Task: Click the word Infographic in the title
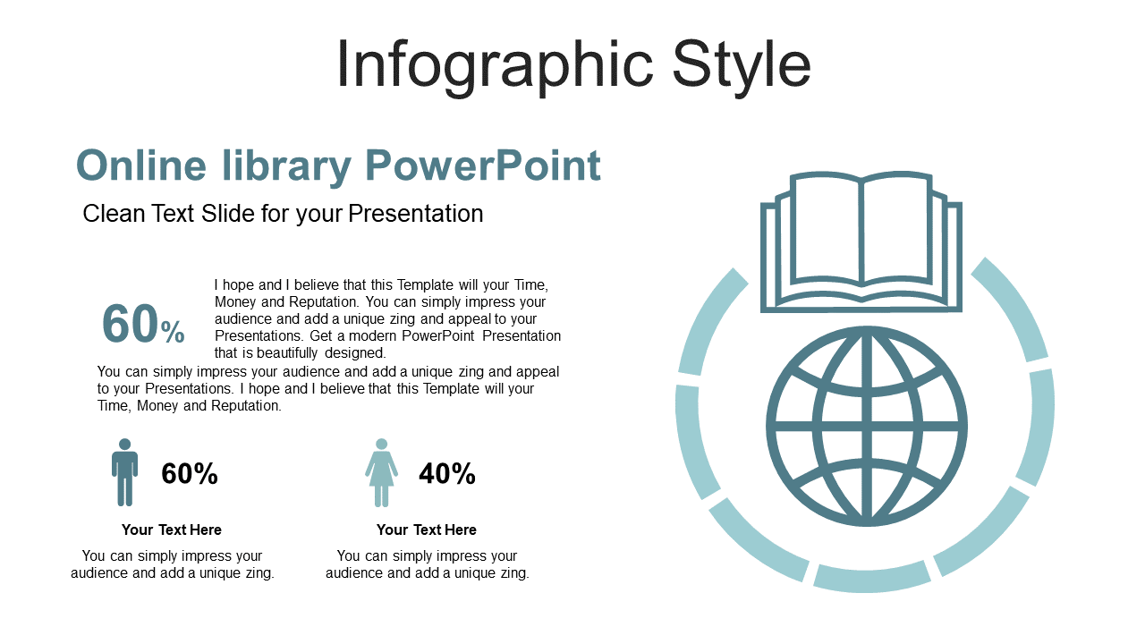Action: coord(495,66)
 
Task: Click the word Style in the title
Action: coord(742,66)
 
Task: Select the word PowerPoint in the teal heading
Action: coord(483,165)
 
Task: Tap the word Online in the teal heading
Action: coord(141,165)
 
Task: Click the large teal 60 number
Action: coord(130,324)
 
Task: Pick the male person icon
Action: coord(124,472)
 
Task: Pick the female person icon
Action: coord(381,472)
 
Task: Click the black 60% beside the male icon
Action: coord(190,473)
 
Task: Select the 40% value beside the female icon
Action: coord(447,473)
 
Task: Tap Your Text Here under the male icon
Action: coord(172,530)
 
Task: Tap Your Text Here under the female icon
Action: coord(427,530)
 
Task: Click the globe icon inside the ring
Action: coord(867,427)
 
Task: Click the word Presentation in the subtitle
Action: coord(416,213)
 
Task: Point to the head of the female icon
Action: coord(381,445)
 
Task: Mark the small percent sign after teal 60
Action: coord(173,332)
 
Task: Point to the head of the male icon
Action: coord(124,445)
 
